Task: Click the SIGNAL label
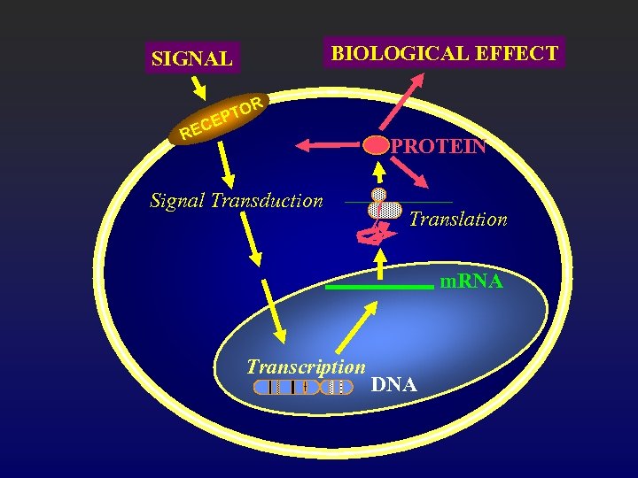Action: point(191,59)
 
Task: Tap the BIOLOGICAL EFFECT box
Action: point(444,53)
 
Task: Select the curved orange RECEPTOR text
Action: point(220,119)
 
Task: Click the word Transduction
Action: point(268,201)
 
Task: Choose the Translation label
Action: point(457,219)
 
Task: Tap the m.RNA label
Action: point(472,281)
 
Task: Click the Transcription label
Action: point(306,366)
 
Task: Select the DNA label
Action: point(394,385)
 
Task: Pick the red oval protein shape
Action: point(376,144)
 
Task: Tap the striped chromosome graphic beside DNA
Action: point(303,387)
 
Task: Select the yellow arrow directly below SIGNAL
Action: point(198,85)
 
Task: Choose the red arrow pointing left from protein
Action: point(327,143)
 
